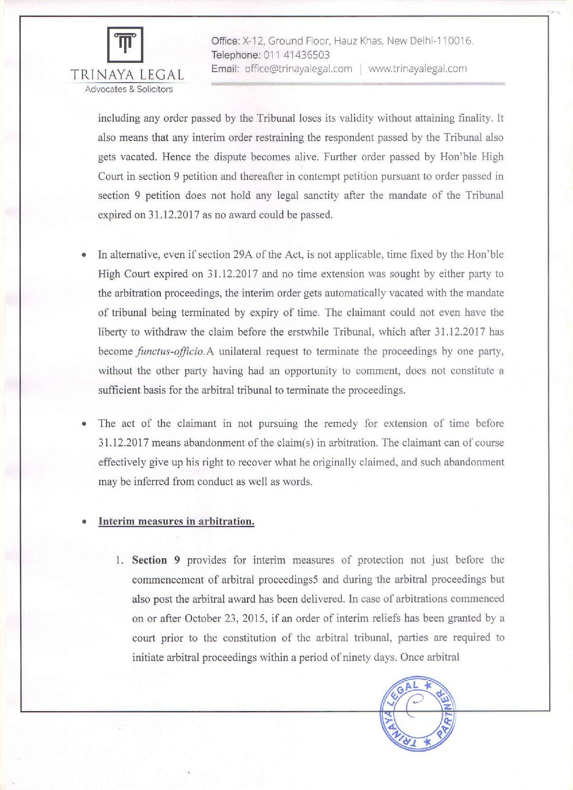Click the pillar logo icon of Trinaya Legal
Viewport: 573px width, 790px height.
(125, 44)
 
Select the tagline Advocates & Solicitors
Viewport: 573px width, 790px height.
(128, 89)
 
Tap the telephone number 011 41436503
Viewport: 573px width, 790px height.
(297, 55)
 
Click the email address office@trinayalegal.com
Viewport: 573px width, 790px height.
(298, 69)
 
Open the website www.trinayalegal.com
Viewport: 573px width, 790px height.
(417, 69)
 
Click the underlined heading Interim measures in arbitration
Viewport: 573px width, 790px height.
(176, 521)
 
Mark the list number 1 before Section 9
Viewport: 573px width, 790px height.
(119, 560)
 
